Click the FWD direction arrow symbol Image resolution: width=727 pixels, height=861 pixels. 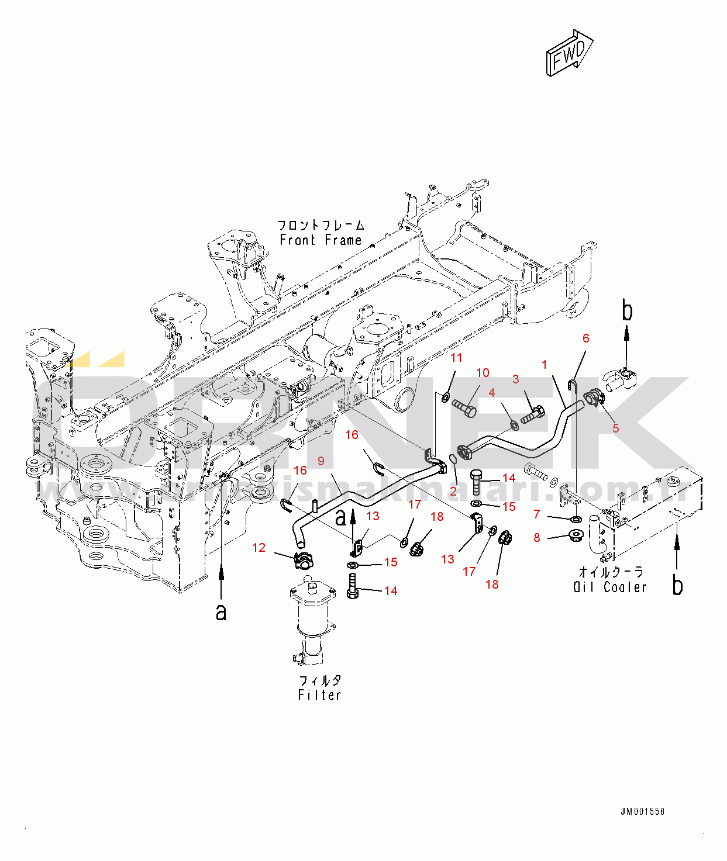(569, 53)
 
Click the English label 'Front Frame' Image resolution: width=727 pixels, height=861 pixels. (321, 240)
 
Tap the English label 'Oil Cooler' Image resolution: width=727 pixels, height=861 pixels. (610, 587)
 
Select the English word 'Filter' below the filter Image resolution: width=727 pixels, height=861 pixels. (319, 695)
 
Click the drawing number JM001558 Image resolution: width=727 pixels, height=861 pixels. (642, 811)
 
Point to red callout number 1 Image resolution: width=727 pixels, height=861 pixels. (545, 365)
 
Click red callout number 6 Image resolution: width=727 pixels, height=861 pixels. (585, 338)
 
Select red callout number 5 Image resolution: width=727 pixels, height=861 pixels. (615, 428)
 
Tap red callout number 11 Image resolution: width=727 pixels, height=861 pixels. (456, 358)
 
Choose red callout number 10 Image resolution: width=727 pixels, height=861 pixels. (483, 373)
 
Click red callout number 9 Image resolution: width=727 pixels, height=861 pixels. (321, 461)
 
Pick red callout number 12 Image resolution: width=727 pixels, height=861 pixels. (259, 548)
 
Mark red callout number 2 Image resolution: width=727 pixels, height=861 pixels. (453, 492)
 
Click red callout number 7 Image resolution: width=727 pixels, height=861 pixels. (537, 514)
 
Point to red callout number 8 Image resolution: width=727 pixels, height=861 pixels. (537, 537)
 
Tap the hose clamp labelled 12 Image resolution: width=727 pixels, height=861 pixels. (304, 561)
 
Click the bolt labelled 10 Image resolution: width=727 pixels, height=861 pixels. (464, 407)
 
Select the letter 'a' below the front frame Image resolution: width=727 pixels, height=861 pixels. (221, 612)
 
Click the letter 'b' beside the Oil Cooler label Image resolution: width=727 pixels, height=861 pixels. (677, 585)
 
